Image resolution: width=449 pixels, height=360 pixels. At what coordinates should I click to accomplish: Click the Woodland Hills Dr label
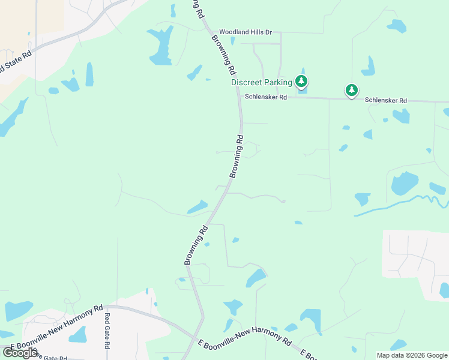pos(246,32)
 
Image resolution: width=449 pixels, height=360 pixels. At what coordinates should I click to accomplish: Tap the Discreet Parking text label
pos(262,82)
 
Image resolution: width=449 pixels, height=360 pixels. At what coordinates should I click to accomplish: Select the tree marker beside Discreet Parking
pos(301,82)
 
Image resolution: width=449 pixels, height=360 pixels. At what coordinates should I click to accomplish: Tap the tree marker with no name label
pos(351,91)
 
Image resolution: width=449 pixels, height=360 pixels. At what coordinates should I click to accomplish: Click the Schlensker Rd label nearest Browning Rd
pos(266,97)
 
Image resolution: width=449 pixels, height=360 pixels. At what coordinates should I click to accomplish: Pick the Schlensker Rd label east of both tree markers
pos(387,100)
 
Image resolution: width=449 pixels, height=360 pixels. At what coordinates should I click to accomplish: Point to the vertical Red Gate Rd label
pos(107,331)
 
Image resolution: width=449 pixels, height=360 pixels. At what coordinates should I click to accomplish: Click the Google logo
pos(20,352)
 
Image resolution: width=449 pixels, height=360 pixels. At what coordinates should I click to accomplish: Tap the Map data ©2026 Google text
pos(411,355)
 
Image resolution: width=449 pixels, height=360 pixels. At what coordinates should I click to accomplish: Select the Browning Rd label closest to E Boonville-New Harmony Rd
pos(196,245)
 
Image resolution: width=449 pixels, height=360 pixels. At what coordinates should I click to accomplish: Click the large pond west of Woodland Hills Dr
pos(161,46)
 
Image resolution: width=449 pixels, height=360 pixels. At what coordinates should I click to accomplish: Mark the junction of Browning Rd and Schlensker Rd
pos(240,96)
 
